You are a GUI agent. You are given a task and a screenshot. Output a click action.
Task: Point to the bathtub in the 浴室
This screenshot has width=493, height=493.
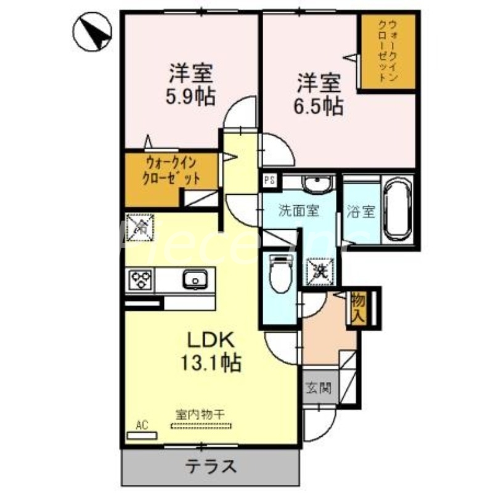point(397,210)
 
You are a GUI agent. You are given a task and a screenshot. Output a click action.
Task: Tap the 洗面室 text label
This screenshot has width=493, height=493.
point(298,211)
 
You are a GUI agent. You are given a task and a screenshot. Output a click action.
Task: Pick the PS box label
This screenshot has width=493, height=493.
point(269,181)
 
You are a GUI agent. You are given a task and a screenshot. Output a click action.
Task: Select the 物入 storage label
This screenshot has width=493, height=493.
point(358,308)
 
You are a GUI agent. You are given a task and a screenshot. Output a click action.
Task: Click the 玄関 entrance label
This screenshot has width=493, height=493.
point(319,388)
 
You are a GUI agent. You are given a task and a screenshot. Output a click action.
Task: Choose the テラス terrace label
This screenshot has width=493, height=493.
point(211,466)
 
